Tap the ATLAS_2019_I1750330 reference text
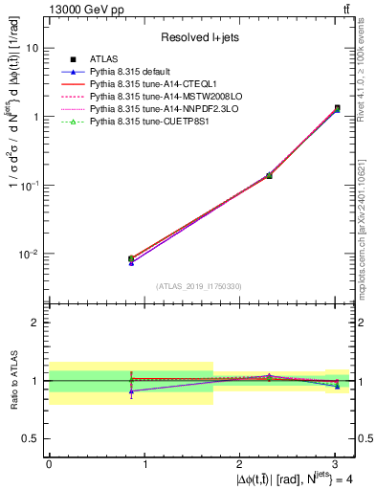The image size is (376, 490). click(x=200, y=286)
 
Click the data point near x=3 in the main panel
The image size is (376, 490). click(x=337, y=108)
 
